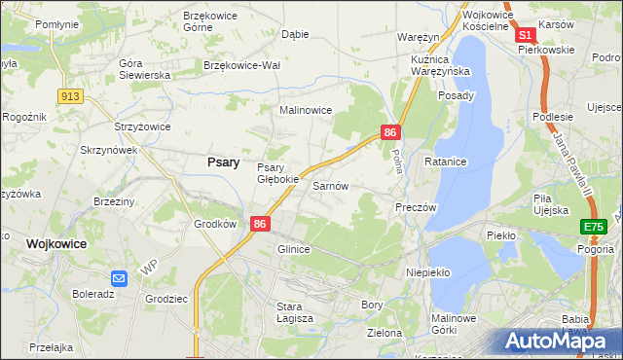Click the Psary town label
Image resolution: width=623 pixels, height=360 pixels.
(224, 162)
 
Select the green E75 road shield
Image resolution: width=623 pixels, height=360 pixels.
(593, 227)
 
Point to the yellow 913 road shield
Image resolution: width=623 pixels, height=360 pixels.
(69, 95)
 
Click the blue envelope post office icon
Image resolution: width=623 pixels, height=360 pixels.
(119, 277)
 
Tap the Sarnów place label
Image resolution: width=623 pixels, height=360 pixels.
(330, 185)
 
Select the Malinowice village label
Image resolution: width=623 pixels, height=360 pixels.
(307, 111)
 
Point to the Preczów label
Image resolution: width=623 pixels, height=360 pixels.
(416, 207)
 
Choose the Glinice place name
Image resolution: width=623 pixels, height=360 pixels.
(293, 249)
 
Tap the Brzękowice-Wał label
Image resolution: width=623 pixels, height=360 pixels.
(242, 65)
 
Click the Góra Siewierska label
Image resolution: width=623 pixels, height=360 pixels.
(144, 68)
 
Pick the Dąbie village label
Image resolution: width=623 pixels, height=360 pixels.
(294, 33)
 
